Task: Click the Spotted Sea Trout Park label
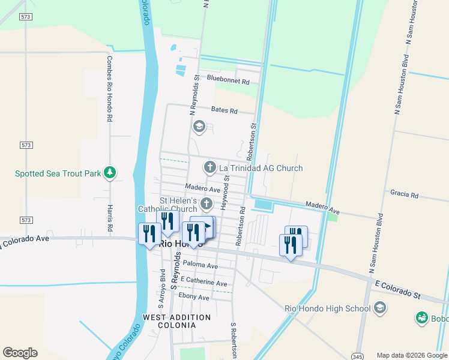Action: coord(58,173)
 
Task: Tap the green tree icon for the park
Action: coord(109,173)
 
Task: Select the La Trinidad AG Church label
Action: coord(261,168)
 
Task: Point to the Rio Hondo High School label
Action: coord(328,308)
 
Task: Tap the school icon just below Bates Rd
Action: coord(199,127)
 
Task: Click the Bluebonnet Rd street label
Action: coord(228,79)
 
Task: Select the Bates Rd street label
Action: coord(224,110)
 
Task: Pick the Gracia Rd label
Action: coord(403,194)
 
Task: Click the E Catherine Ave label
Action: coord(203,282)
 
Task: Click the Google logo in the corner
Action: coord(20,353)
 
